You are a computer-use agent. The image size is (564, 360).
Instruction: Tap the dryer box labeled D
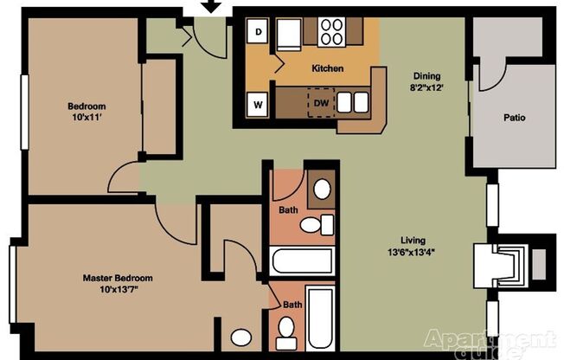point(259,32)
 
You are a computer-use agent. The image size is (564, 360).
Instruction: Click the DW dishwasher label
point(320,103)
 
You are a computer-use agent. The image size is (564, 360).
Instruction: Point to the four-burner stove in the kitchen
point(331,32)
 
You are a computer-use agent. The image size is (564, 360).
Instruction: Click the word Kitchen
point(327,68)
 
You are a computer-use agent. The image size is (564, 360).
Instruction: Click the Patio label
point(514,118)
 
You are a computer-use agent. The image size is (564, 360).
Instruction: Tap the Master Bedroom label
point(118,278)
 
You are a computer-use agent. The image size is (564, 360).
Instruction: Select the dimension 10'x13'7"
point(118,289)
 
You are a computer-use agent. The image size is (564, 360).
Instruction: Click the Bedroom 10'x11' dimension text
point(87,119)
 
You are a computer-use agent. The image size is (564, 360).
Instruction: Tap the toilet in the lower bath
point(286,329)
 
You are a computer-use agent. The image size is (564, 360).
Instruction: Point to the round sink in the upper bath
point(321,190)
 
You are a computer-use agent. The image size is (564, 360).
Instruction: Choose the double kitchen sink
point(351,102)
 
